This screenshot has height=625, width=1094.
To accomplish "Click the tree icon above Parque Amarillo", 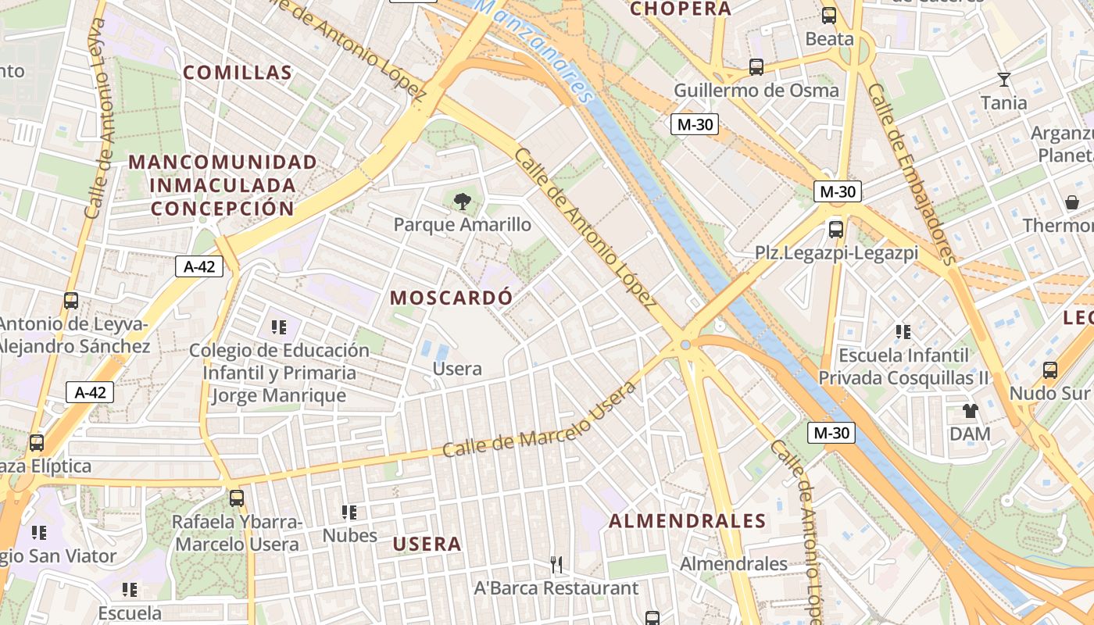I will click(x=462, y=202).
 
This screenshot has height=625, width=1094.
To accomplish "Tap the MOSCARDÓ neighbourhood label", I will click(x=452, y=298).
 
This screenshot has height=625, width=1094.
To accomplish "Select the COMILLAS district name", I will click(x=238, y=73).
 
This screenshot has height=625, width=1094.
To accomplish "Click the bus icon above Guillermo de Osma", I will click(x=756, y=67).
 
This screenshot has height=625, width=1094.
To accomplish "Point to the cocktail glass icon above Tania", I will click(x=1004, y=80).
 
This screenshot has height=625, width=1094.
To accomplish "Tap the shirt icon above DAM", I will click(x=970, y=411).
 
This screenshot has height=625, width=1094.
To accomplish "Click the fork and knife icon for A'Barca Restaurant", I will click(x=556, y=564).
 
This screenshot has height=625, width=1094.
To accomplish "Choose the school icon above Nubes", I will click(x=349, y=512).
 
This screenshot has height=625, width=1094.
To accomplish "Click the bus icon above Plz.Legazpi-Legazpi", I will click(x=835, y=230).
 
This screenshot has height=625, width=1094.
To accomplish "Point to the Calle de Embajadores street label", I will click(x=912, y=173).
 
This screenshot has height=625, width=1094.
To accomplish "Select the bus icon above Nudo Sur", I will click(x=1050, y=370).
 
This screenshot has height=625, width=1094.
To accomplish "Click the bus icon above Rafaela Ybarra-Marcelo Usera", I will click(x=236, y=498).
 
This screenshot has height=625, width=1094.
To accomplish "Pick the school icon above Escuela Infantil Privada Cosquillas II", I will click(x=903, y=332).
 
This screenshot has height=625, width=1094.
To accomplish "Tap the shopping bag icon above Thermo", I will click(x=1072, y=203).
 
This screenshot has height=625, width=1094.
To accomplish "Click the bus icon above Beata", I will click(x=829, y=16).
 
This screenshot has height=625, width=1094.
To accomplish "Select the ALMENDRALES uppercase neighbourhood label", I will click(x=688, y=521).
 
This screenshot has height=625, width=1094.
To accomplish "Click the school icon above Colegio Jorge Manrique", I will click(x=279, y=327).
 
